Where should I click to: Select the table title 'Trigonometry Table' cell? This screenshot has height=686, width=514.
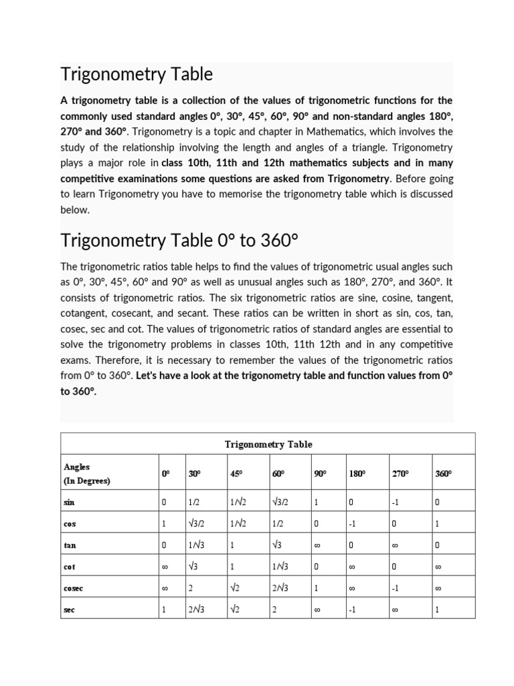click(x=268, y=444)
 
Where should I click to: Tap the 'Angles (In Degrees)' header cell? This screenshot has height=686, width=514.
click(x=87, y=473)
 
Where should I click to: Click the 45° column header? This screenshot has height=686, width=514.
click(x=236, y=474)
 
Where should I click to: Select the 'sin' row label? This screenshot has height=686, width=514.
click(x=69, y=501)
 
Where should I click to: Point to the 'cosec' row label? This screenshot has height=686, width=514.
click(x=74, y=588)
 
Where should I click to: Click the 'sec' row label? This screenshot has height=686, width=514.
click(x=69, y=611)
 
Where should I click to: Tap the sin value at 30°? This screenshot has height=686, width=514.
click(x=194, y=501)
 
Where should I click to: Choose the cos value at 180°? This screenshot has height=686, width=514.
click(x=353, y=523)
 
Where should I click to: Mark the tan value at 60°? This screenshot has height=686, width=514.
click(x=278, y=545)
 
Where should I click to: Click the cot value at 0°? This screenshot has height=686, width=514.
click(x=165, y=567)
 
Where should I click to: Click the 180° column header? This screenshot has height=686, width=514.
click(x=357, y=474)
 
